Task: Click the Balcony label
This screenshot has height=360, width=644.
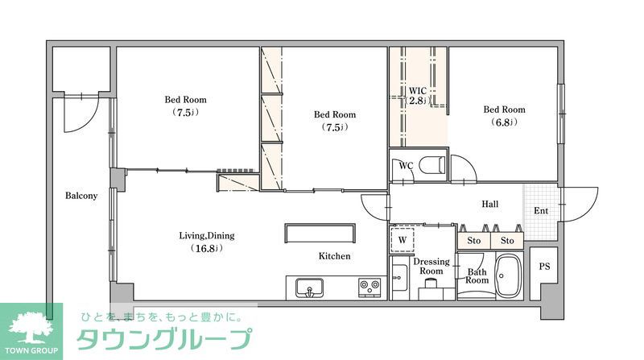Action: tap(81, 196)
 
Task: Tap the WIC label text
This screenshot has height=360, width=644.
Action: tap(417, 89)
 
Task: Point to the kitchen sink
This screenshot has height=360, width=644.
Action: tap(308, 287)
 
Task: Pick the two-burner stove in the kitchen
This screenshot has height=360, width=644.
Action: tap(369, 286)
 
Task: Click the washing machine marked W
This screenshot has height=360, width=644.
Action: tap(401, 239)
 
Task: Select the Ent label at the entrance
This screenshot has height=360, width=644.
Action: tap(541, 211)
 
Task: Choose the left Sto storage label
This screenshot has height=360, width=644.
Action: tap(473, 240)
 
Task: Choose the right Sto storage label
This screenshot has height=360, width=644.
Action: tap(507, 240)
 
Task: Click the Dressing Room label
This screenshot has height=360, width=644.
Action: tap(431, 267)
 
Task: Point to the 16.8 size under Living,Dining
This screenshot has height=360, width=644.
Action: tap(207, 248)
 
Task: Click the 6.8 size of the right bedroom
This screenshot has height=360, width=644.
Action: tap(504, 122)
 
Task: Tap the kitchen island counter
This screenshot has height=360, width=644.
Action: tap(319, 232)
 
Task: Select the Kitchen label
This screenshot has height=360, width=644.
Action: tap(334, 256)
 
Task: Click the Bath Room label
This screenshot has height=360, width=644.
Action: tap(477, 275)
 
